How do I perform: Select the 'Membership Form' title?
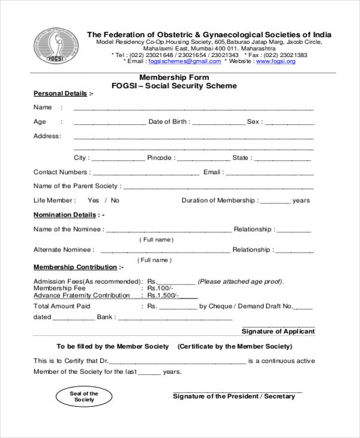point(174,77)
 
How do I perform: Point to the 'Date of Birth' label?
point(169,122)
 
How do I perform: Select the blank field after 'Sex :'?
point(289,122)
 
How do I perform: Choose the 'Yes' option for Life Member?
point(93,200)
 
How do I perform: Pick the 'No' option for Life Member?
point(115,200)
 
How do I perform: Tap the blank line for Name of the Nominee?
point(168,230)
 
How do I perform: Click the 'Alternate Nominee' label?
point(63,250)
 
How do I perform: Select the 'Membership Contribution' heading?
point(75,267)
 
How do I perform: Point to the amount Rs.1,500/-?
point(163,296)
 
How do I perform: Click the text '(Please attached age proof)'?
point(240,281)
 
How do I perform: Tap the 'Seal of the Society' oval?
point(84,397)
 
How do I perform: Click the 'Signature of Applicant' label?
point(278,331)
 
